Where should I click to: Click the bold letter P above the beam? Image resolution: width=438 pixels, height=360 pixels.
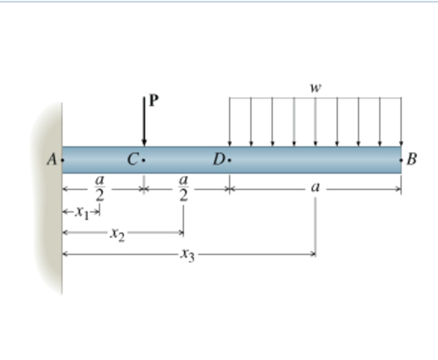pyautogui.click(x=154, y=100)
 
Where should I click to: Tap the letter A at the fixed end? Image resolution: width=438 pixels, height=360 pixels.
pyautogui.click(x=52, y=160)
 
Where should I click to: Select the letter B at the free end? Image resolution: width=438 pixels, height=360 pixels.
pyautogui.click(x=412, y=159)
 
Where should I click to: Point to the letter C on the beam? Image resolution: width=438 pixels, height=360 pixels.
pyautogui.click(x=133, y=160)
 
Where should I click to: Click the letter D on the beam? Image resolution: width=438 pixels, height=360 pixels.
pyautogui.click(x=219, y=160)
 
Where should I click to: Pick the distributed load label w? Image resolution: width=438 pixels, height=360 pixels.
pyautogui.click(x=315, y=88)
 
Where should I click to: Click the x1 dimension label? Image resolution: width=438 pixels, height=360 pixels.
pyautogui.click(x=83, y=212)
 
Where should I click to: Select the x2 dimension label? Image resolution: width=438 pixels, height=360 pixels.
pyautogui.click(x=118, y=234)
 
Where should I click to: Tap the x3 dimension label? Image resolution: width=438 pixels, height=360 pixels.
pyautogui.click(x=188, y=255)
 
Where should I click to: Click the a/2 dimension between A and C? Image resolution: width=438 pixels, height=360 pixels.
pyautogui.click(x=99, y=188)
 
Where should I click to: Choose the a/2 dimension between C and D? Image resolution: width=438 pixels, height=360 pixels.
pyautogui.click(x=183, y=188)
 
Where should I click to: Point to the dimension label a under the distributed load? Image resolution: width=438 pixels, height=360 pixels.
pyautogui.click(x=315, y=187)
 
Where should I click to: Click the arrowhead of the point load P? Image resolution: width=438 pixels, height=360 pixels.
pyautogui.click(x=144, y=143)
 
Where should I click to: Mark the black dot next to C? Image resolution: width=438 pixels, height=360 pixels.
pyautogui.click(x=143, y=160)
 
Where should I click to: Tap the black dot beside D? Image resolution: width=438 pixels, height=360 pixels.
pyautogui.click(x=230, y=160)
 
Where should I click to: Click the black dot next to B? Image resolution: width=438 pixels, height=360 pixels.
pyautogui.click(x=401, y=160)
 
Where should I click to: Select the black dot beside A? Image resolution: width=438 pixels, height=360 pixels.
pyautogui.click(x=63, y=160)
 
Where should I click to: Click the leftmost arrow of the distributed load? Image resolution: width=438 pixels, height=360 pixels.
pyautogui.click(x=230, y=122)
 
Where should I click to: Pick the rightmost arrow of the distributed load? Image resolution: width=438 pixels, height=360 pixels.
pyautogui.click(x=402, y=122)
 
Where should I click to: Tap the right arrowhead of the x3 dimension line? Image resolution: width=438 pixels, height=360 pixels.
pyautogui.click(x=314, y=254)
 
